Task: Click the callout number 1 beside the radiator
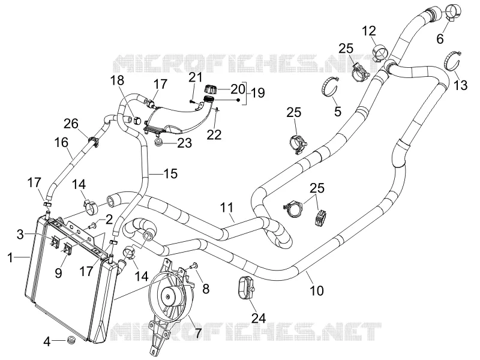[10, 258]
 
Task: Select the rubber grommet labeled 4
[71, 340]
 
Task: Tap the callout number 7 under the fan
[199, 333]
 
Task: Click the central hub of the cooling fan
[169, 296]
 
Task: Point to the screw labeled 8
[193, 267]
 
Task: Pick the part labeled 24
[246, 287]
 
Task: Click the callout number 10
[317, 290]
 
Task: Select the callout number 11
[227, 208]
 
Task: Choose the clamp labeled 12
[379, 53]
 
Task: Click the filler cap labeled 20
[211, 89]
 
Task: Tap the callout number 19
[258, 92]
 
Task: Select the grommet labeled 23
[158, 143]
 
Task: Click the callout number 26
[71, 124]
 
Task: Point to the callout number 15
[170, 173]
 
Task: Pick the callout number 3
[20, 235]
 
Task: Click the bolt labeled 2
[92, 226]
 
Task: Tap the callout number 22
[214, 134]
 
